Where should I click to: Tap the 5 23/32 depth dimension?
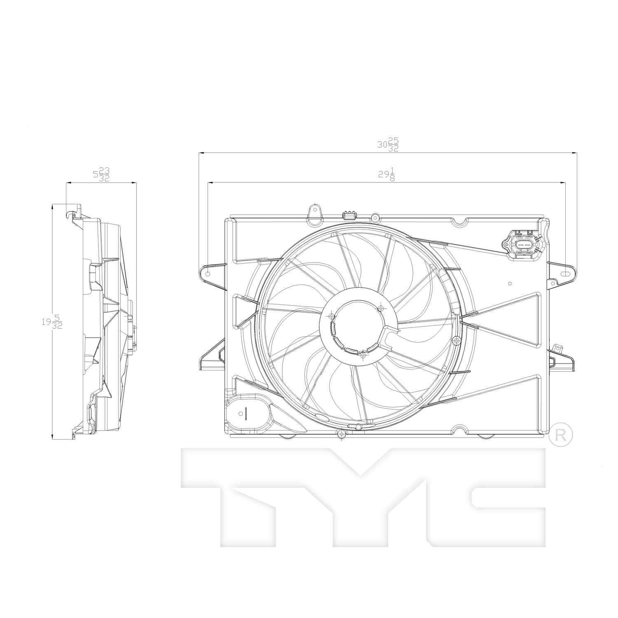(101, 174)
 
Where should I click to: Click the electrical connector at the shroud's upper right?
(522, 246)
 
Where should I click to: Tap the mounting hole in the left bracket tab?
(208, 274)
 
